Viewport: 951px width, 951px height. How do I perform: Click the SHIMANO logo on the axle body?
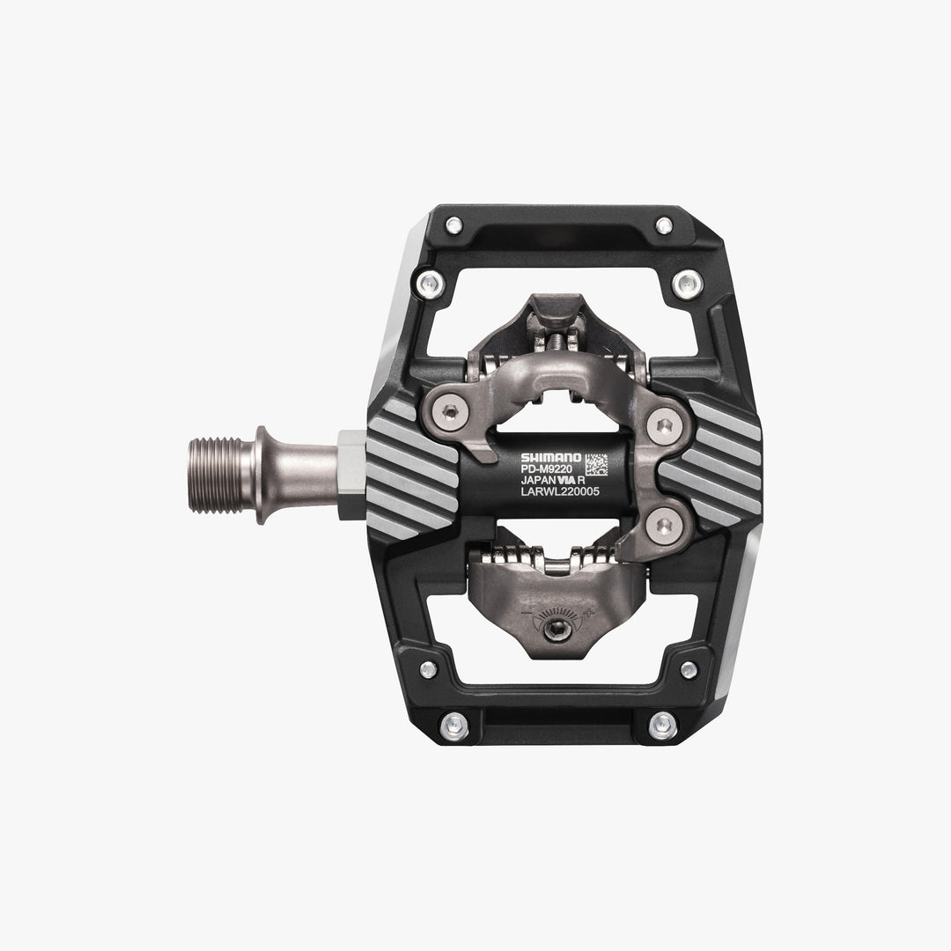550,457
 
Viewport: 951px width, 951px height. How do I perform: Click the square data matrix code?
596,463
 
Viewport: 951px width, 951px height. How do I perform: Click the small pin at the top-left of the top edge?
453,225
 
